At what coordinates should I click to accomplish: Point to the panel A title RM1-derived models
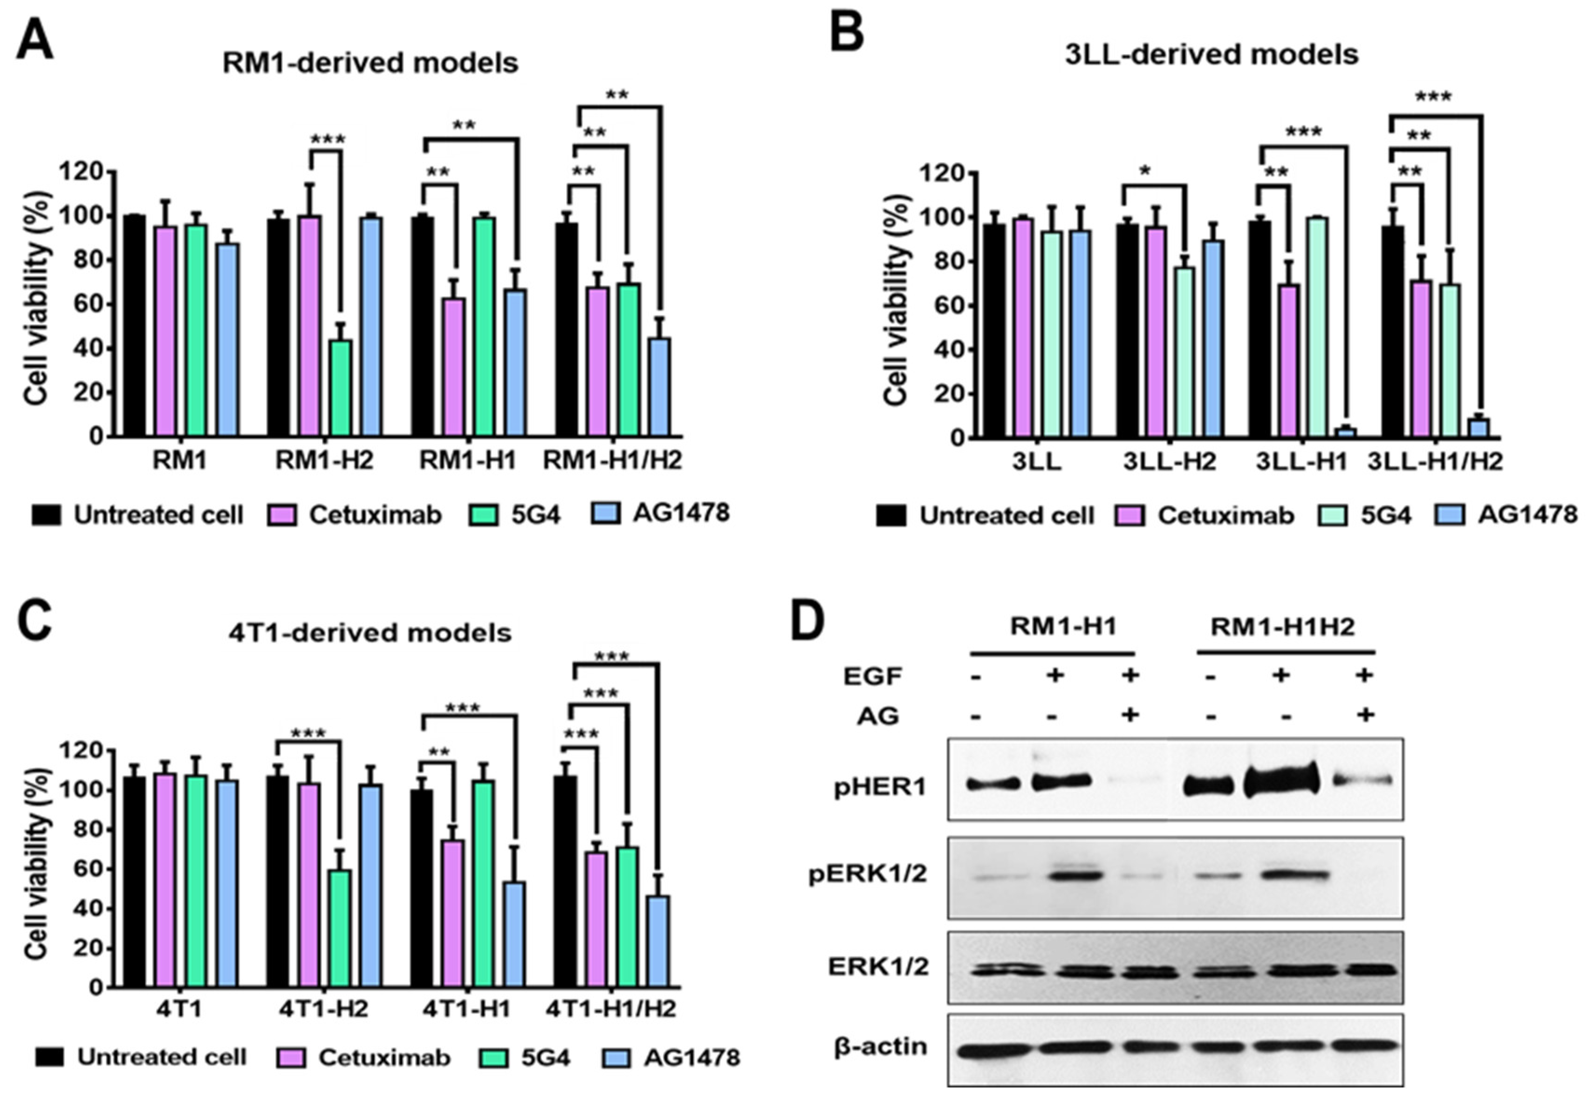click(x=370, y=63)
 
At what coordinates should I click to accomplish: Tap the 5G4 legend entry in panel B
click(x=1384, y=515)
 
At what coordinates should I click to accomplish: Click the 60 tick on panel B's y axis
click(x=948, y=306)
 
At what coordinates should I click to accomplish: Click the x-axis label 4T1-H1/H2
click(x=611, y=1009)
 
